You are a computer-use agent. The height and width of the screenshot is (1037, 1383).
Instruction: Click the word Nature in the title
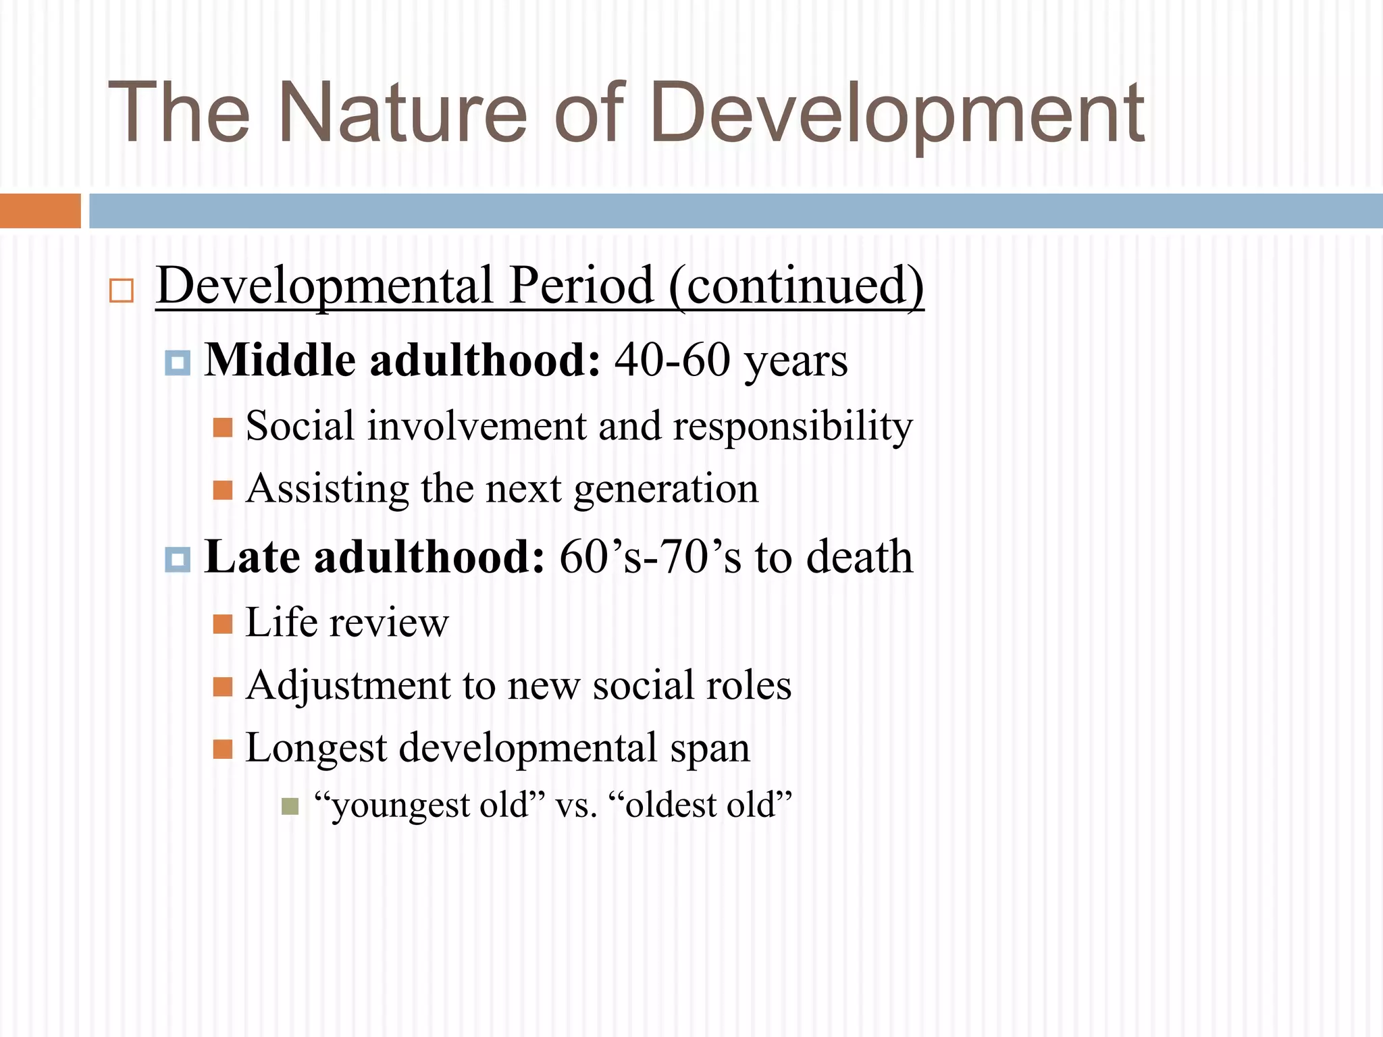pyautogui.click(x=402, y=113)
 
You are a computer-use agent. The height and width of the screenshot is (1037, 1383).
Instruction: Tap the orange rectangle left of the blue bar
pyautogui.click(x=40, y=211)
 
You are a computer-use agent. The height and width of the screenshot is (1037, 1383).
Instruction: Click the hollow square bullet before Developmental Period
pyautogui.click(x=122, y=290)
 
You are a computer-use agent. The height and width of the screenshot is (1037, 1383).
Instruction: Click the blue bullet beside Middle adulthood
pyautogui.click(x=178, y=363)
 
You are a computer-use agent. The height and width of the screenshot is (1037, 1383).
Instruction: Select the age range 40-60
pyautogui.click(x=673, y=360)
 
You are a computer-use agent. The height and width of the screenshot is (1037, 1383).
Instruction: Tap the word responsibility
pyautogui.click(x=793, y=427)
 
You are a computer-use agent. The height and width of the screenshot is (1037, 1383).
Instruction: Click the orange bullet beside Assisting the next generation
pyautogui.click(x=222, y=489)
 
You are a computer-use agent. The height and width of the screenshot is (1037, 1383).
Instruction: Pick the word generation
pyautogui.click(x=666, y=489)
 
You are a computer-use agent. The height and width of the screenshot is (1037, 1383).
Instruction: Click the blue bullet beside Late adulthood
pyautogui.click(x=178, y=559)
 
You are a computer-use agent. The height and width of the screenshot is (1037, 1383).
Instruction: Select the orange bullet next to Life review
pyautogui.click(x=222, y=623)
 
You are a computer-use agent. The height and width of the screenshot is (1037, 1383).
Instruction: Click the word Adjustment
pyautogui.click(x=348, y=686)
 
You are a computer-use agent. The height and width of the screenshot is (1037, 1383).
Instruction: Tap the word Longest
pyautogui.click(x=316, y=749)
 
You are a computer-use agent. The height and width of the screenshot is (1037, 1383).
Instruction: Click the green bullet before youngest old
pyautogui.click(x=290, y=806)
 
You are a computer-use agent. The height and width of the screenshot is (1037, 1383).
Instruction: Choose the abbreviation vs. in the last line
pyautogui.click(x=576, y=805)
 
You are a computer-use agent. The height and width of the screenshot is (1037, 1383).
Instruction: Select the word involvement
pyautogui.click(x=477, y=427)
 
